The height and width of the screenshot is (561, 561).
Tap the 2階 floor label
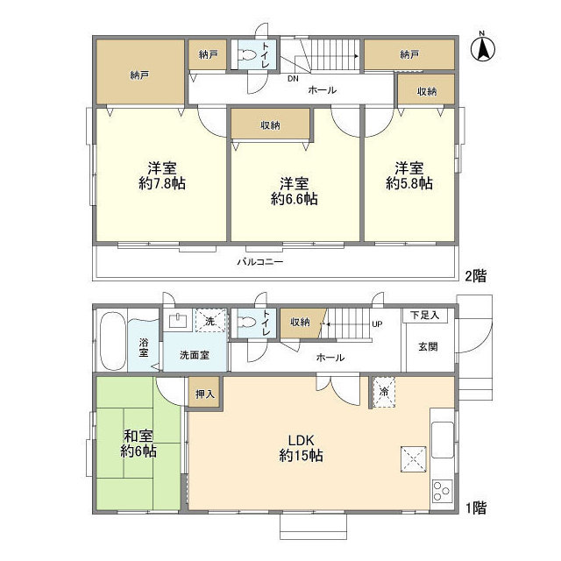click(x=474, y=275)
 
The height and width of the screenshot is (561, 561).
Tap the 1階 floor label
click(x=474, y=507)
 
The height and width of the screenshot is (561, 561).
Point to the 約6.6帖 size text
click(x=294, y=199)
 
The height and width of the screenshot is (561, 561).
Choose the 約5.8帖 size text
click(x=408, y=184)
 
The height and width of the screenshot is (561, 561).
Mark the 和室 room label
click(x=138, y=435)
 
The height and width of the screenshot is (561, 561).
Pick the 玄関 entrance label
click(x=428, y=345)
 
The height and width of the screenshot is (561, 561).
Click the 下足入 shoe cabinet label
click(x=427, y=315)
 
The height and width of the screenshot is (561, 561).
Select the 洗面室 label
click(x=194, y=355)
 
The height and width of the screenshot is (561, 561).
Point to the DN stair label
click(x=294, y=78)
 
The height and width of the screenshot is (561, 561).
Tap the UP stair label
click(x=378, y=324)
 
